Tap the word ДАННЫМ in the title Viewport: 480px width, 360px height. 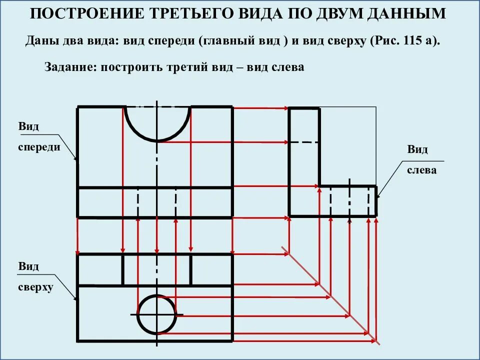pyautogui.click(x=405, y=14)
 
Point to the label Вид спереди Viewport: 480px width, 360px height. pyautogui.click(x=39, y=136)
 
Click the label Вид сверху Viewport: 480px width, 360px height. pyautogui.click(x=35, y=277)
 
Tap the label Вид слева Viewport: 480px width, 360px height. pyautogui.click(x=421, y=160)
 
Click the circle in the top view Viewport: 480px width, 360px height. pyautogui.click(x=157, y=314)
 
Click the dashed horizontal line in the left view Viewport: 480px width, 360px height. pyautogui.click(x=304, y=142)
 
